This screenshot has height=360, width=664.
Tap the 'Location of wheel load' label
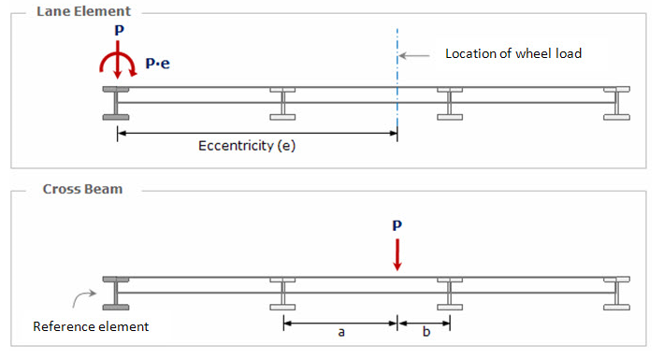[513, 53]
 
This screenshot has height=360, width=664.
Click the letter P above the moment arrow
[116, 32]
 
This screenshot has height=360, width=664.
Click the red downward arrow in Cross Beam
[397, 254]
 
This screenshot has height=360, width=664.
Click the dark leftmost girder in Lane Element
[116, 102]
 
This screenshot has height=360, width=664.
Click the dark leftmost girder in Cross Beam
[116, 291]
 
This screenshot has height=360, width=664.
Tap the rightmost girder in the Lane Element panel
[616, 102]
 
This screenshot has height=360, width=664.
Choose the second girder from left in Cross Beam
[282, 291]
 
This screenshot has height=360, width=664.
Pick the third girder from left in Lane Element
[450, 102]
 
